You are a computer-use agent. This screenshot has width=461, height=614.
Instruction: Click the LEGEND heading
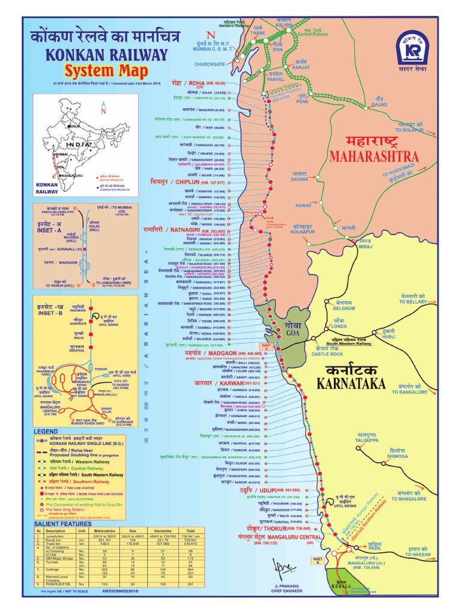point(46,432)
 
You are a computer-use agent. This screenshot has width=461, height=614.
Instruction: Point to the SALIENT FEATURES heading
point(62,524)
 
